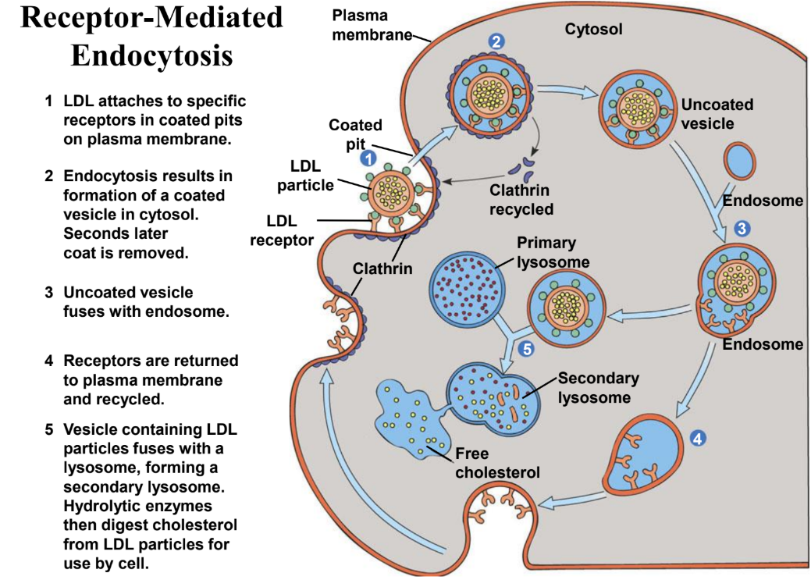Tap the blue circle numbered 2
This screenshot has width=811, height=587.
pyautogui.click(x=496, y=41)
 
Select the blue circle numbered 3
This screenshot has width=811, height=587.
pyautogui.click(x=742, y=229)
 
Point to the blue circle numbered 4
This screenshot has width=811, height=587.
pyautogui.click(x=699, y=439)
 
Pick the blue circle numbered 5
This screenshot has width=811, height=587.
pyautogui.click(x=527, y=350)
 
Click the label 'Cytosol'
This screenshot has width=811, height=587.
pyautogui.click(x=593, y=29)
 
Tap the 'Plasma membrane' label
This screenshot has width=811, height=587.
pyautogui.click(x=371, y=25)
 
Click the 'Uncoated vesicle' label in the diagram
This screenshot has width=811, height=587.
pyautogui.click(x=717, y=113)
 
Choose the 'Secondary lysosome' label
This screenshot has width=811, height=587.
pyautogui.click(x=598, y=387)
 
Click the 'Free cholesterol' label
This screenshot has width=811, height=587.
pyautogui.click(x=497, y=462)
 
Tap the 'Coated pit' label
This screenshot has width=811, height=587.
pyautogui.click(x=355, y=134)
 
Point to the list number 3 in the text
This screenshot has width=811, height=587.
pyautogui.click(x=48, y=293)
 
